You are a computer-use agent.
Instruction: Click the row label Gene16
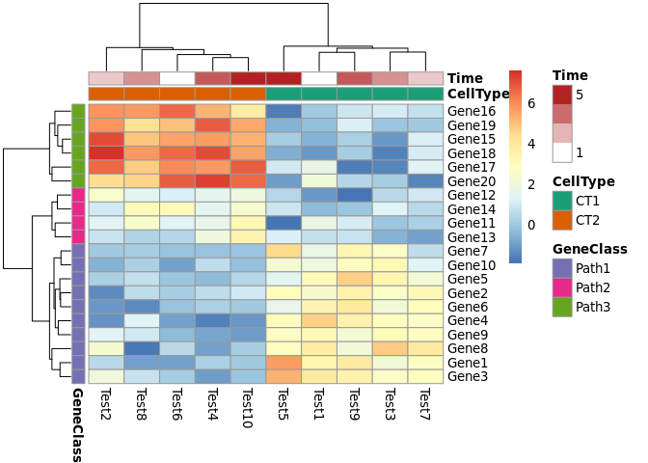[472, 112]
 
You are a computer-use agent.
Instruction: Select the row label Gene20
[472, 181]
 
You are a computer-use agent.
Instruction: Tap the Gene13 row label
[472, 237]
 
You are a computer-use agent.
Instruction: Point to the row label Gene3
[468, 376]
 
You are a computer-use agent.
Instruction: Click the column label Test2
[106, 404]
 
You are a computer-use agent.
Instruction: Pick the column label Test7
[425, 404]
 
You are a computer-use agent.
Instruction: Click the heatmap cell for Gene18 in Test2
[106, 153]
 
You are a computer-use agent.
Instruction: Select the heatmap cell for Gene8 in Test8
[142, 348]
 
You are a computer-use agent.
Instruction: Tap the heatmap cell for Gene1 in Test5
[283, 363]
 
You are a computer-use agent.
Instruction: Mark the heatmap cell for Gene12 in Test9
[354, 195]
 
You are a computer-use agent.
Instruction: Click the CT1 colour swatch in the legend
[561, 201]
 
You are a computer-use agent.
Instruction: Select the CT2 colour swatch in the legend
[561, 220]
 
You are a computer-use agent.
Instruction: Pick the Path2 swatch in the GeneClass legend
[561, 287]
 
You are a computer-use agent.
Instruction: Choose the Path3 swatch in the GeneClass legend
[561, 307]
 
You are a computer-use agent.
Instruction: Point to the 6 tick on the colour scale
[531, 104]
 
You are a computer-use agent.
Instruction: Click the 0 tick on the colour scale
[531, 226]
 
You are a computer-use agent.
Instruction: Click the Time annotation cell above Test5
[283, 78]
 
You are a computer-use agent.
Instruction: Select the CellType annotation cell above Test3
[390, 95]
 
